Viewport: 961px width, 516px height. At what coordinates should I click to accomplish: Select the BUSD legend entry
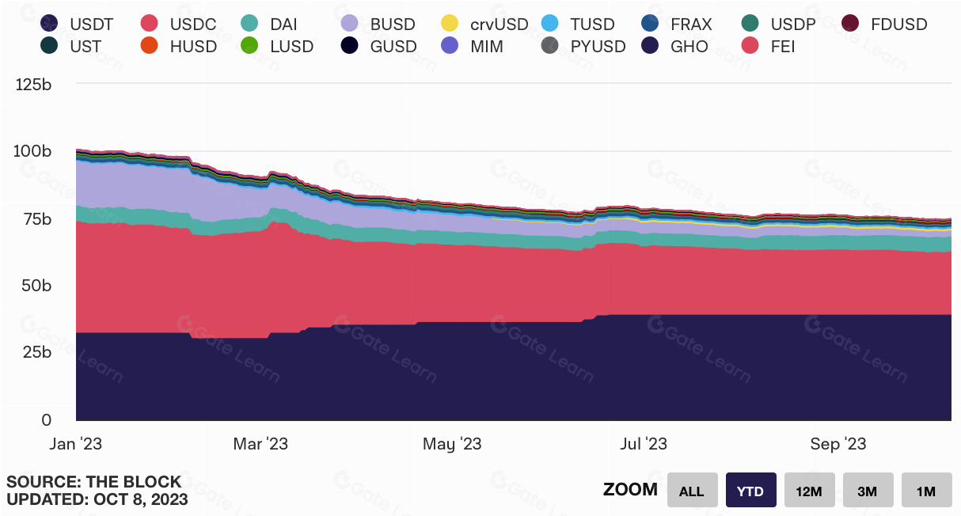(x=382, y=25)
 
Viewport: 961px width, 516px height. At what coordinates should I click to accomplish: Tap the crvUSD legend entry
(x=488, y=25)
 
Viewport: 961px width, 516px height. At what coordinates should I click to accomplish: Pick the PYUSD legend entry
(x=587, y=47)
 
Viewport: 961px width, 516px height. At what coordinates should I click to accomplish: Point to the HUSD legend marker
(x=150, y=47)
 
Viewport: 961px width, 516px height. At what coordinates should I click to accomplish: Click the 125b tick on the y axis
(x=34, y=85)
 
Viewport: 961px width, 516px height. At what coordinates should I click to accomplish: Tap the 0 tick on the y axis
(x=46, y=420)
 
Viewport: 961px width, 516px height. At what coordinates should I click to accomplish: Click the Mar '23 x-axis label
(x=260, y=444)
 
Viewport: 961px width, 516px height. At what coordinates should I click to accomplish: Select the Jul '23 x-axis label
(x=644, y=444)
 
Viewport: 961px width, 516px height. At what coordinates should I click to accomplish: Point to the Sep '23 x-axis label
(x=838, y=444)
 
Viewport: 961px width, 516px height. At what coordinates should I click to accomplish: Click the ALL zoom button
(x=692, y=491)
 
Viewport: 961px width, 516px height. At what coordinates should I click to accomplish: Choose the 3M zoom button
(x=868, y=491)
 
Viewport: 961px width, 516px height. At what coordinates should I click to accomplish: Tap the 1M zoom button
(x=926, y=491)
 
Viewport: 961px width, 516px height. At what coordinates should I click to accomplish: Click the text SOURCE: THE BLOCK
(x=94, y=482)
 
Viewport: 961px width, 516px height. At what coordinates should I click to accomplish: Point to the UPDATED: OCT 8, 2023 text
(x=97, y=499)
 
